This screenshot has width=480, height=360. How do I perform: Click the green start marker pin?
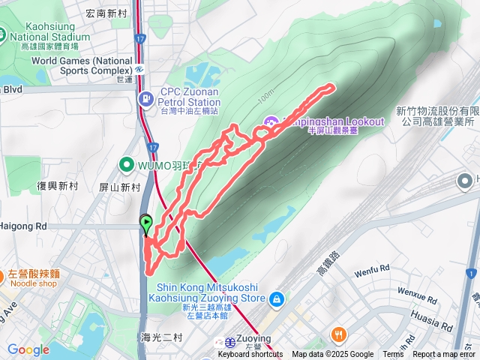[x=146, y=221]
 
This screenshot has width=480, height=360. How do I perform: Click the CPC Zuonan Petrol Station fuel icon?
[x=145, y=99]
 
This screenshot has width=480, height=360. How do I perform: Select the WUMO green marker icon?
[x=124, y=165]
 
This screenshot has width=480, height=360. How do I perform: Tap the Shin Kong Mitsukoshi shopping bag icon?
[x=277, y=298]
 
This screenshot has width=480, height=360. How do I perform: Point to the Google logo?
[x=28, y=349]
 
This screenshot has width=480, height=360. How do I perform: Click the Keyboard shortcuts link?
[x=250, y=355]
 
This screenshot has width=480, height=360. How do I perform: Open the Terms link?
[x=393, y=355]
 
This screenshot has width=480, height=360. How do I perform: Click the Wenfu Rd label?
[x=373, y=268]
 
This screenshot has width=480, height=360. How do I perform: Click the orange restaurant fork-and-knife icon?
[x=340, y=334]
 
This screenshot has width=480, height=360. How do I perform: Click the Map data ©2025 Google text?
[x=332, y=355]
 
